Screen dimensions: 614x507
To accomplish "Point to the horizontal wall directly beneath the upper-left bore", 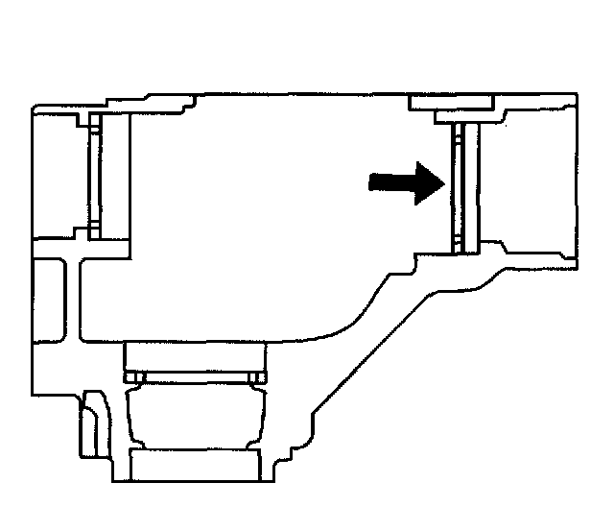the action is (x=82, y=249).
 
